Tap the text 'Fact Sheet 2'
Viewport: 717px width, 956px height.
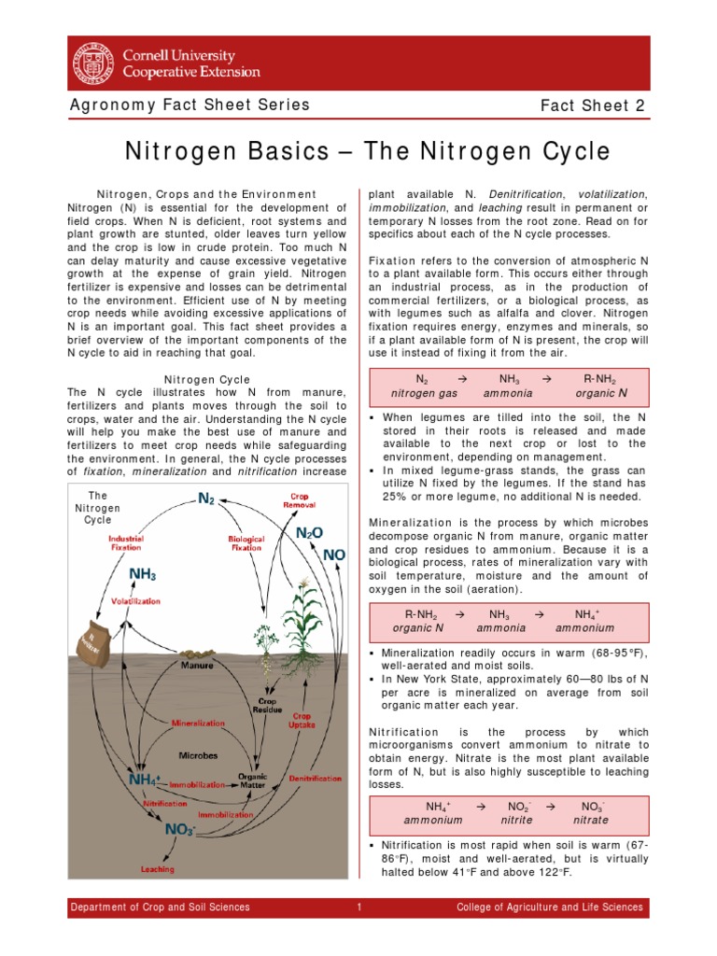pos(593,105)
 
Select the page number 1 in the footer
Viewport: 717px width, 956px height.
pos(358,907)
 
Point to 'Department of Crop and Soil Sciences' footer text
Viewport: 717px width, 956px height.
pos(161,907)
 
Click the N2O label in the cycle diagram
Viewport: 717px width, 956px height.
pos(309,532)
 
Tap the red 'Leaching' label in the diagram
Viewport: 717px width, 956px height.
pos(158,869)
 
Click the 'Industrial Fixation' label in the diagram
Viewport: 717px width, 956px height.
pos(125,542)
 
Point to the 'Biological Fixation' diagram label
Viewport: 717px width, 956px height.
pos(246,542)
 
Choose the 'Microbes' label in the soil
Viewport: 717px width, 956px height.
pos(198,754)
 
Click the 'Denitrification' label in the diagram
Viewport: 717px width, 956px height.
pos(315,778)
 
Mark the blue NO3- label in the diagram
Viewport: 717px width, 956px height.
pos(179,829)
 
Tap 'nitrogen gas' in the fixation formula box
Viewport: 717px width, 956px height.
pos(423,394)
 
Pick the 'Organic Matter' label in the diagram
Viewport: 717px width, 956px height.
pos(252,780)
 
